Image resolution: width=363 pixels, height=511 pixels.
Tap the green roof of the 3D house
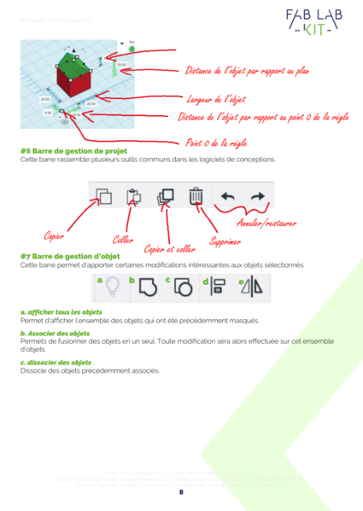75,61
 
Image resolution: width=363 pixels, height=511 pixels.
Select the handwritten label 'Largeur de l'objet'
215,99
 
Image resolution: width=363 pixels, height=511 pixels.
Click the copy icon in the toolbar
104,197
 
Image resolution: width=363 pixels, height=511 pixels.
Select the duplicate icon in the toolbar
165,197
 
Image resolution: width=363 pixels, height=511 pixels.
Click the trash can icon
196,197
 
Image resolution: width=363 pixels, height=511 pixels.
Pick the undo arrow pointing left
227,197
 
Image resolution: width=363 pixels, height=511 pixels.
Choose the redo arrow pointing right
257,197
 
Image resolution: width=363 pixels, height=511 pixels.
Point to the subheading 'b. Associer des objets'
56,333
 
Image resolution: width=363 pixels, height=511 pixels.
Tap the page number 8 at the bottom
181,492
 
